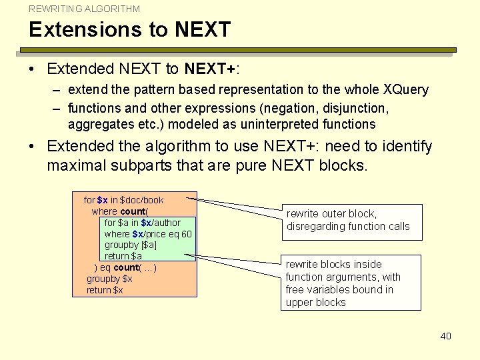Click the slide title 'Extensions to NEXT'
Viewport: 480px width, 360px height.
[129, 30]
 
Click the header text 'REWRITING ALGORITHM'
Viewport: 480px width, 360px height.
[85, 9]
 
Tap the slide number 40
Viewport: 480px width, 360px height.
[445, 336]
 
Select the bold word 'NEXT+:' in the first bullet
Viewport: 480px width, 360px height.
[212, 69]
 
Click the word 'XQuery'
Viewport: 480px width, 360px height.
[406, 89]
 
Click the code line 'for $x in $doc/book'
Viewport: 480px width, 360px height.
[123, 200]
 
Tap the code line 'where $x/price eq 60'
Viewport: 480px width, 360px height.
[148, 234]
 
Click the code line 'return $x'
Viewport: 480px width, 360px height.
[105, 290]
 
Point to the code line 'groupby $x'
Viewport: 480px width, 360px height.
[109, 279]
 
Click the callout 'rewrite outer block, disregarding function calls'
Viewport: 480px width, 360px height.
[348, 220]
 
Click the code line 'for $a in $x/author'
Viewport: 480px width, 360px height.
[142, 223]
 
